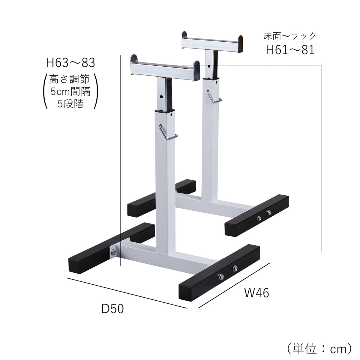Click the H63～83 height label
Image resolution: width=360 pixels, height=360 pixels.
(70, 63)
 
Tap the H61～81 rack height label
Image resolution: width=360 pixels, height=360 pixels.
(290, 49)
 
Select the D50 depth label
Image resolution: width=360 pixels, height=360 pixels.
(112, 309)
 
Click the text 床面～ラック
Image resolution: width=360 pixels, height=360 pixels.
(290, 36)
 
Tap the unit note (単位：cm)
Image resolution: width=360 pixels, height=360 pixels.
(318, 349)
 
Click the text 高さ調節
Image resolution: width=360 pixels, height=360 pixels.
(69, 79)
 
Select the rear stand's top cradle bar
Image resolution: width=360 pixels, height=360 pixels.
(212, 42)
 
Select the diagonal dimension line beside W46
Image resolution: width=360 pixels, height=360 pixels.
(234, 286)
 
